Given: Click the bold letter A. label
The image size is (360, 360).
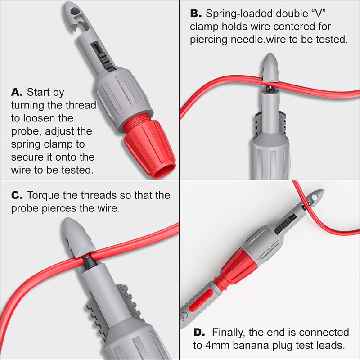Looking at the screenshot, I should coord(16,93).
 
